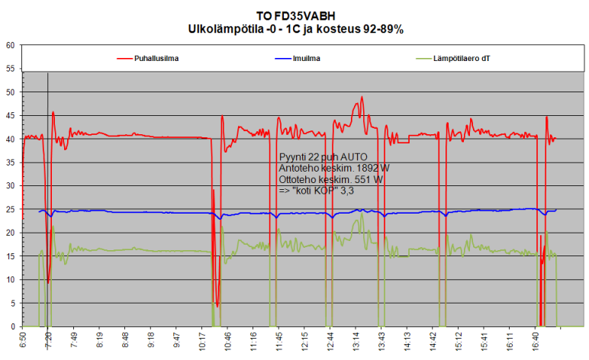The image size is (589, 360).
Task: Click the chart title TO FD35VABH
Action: pos(295,15)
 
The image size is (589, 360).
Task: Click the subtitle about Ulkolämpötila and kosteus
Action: pos(295,28)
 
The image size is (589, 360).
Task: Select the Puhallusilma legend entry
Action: pos(159,57)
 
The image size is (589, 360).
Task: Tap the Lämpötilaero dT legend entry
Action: pos(461,57)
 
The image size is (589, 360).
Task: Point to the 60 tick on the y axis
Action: pos(11,45)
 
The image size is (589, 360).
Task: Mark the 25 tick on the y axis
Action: pos(11,209)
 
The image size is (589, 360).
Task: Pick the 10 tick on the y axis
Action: pos(11,279)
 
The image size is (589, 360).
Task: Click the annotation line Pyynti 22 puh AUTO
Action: pos(323,156)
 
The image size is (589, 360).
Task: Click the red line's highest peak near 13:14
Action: pos(362,98)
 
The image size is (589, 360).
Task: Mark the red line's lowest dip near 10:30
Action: pos(217,307)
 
